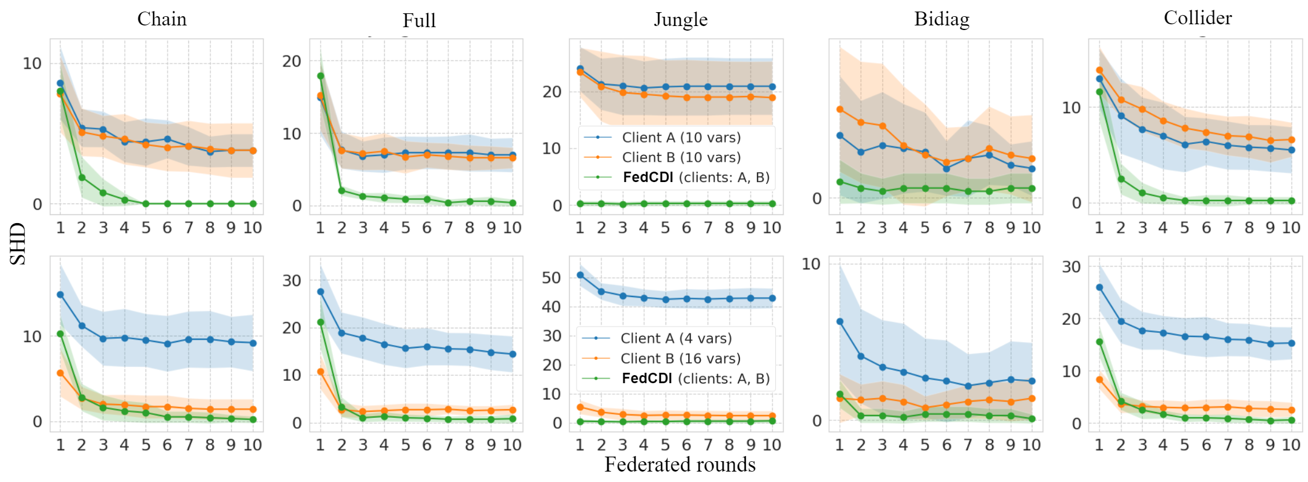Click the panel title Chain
click(x=162, y=19)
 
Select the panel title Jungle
click(x=681, y=20)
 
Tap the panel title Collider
click(x=1198, y=18)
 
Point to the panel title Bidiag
click(x=942, y=19)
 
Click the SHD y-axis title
click(x=18, y=243)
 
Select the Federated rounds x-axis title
click(x=680, y=465)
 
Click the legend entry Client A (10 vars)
click(x=681, y=138)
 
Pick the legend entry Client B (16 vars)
click(x=680, y=358)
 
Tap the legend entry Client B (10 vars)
click(x=681, y=157)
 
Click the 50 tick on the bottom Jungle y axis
click(x=551, y=278)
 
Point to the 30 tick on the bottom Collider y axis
click(x=1071, y=267)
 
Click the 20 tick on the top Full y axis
click(x=292, y=61)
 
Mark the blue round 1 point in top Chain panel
click(x=60, y=83)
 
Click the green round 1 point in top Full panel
click(x=321, y=76)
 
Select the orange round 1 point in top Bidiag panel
click(x=840, y=109)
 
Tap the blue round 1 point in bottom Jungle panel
click(x=580, y=275)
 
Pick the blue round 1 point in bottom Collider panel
click(x=1099, y=287)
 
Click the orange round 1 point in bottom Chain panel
click(x=60, y=373)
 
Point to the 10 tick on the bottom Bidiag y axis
click(x=811, y=264)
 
